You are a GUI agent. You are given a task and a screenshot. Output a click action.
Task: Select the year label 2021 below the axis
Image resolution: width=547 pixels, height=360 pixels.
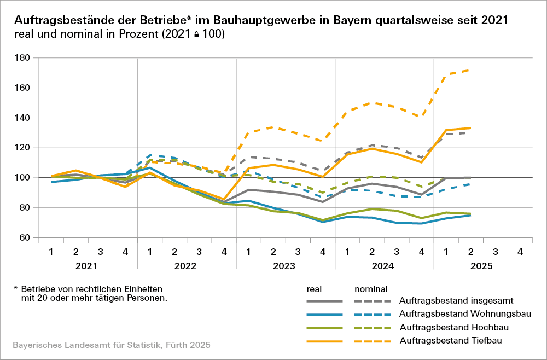point(87,266)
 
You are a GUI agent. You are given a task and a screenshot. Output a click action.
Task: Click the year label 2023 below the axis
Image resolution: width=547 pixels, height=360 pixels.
point(285,266)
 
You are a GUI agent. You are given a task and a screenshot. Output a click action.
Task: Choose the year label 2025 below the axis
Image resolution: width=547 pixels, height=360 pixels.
point(482,266)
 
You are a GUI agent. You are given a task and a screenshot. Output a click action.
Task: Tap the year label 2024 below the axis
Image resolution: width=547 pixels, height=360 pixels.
point(384,266)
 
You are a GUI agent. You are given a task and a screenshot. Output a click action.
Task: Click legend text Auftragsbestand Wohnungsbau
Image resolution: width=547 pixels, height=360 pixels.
point(465,315)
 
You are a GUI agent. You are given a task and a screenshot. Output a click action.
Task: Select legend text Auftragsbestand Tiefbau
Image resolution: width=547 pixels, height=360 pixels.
point(451,341)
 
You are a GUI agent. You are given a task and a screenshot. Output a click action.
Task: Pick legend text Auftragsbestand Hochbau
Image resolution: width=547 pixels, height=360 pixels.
point(454,328)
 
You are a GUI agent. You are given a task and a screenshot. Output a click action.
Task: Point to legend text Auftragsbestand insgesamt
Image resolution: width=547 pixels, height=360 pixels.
point(458,301)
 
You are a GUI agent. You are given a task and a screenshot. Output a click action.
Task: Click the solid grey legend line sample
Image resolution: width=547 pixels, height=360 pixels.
point(324,301)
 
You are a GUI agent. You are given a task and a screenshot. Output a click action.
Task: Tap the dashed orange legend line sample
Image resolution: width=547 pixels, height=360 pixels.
point(373,341)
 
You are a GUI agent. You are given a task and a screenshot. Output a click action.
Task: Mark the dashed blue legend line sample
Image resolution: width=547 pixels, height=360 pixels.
point(373,315)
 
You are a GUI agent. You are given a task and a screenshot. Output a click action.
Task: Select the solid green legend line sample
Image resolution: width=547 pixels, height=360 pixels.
point(324,328)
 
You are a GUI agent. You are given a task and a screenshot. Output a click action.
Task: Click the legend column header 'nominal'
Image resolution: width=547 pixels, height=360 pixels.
point(371,288)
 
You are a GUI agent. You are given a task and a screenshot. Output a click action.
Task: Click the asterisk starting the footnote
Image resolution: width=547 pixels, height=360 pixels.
point(16,288)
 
